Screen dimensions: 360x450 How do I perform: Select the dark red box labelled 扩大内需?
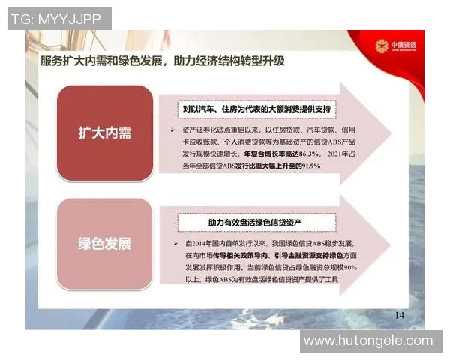(x=104, y=133)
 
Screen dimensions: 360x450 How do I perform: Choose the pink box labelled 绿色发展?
(x=104, y=244)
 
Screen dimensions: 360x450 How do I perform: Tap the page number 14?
(x=399, y=314)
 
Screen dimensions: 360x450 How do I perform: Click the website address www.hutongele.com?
(x=368, y=340)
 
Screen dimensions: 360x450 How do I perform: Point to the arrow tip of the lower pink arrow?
(x=390, y=250)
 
